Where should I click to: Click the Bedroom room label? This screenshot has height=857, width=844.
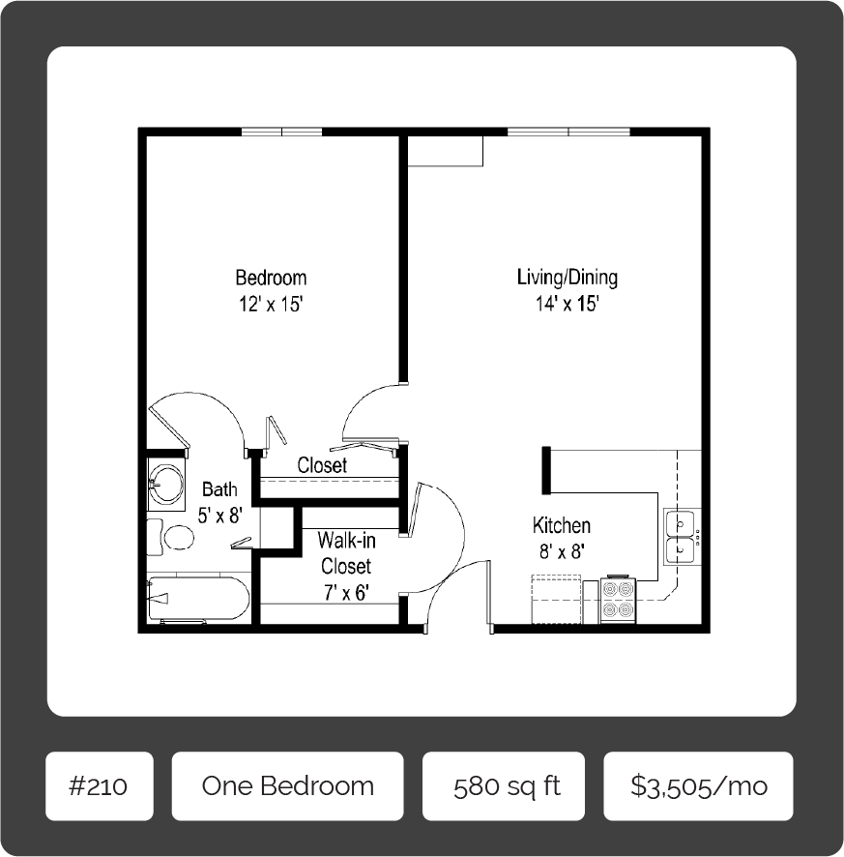click(271, 279)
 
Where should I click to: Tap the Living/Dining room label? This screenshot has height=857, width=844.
click(568, 278)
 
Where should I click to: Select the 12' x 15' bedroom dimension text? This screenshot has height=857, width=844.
click(272, 305)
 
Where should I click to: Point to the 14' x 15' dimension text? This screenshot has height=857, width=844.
click(568, 304)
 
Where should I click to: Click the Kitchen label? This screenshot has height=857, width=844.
click(562, 526)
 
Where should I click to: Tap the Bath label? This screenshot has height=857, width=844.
click(219, 490)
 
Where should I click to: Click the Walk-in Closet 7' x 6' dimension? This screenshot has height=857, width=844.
click(345, 592)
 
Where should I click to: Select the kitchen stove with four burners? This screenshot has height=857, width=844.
click(618, 600)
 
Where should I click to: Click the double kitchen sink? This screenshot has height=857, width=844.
click(683, 538)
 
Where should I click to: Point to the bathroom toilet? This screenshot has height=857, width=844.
click(172, 537)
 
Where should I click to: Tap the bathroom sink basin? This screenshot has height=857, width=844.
click(166, 483)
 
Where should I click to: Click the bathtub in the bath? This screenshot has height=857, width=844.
click(198, 598)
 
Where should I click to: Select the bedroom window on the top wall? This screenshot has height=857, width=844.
click(281, 133)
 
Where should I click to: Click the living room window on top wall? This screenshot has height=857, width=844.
click(568, 133)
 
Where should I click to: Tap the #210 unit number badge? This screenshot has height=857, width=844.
click(99, 785)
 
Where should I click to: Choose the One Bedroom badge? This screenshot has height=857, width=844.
click(287, 785)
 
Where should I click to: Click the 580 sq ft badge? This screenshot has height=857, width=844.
click(503, 785)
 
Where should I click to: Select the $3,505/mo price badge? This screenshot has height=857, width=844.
click(698, 785)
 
